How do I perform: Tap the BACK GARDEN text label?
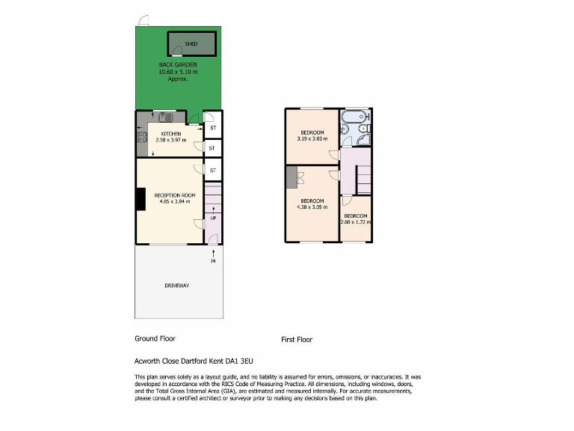click(x=178, y=65)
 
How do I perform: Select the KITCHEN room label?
click(x=170, y=133)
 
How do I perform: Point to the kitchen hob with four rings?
click(x=141, y=137)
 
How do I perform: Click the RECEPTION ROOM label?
click(x=177, y=195)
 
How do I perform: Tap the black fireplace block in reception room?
click(x=140, y=200)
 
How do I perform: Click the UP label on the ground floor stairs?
click(x=213, y=218)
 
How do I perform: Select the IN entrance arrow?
click(x=213, y=257)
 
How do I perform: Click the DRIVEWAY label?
click(x=177, y=286)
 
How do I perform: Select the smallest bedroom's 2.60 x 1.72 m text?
click(x=356, y=221)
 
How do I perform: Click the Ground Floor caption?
click(x=154, y=338)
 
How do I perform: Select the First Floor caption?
click(x=297, y=340)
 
